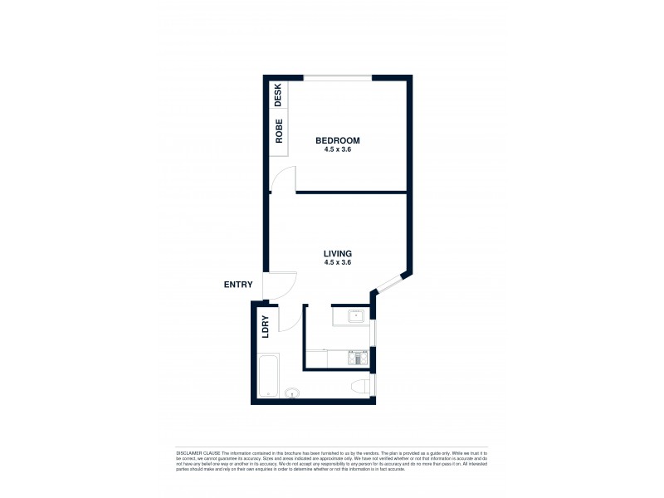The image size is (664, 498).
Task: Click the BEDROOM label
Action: click(338, 141)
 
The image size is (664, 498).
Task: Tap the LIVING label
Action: click(338, 253)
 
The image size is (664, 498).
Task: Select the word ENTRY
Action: click(238, 285)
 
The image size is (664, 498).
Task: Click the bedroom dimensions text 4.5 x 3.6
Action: click(338, 150)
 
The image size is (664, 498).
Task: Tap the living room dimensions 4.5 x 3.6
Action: click(338, 262)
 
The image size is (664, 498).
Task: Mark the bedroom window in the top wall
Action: click(338, 78)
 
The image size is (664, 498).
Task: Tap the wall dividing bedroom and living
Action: click(349, 193)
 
